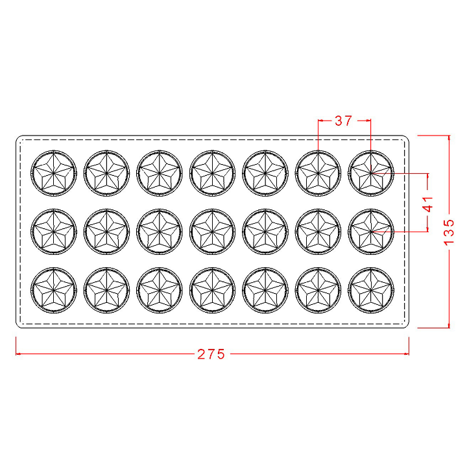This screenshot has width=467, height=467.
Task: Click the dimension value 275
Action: [211, 354]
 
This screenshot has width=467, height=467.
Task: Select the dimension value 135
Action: [449, 232]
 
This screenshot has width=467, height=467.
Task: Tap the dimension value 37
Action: [343, 121]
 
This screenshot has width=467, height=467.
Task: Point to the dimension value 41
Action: [427, 204]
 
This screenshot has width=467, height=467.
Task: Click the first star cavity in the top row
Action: [54, 173]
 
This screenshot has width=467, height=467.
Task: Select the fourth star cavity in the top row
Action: [212, 173]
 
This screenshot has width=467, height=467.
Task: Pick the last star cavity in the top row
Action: [371, 173]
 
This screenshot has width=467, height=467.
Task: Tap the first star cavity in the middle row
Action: [54, 232]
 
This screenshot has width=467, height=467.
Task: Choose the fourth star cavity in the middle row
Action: [212, 232]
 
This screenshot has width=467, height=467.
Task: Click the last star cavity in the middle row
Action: [371, 232]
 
